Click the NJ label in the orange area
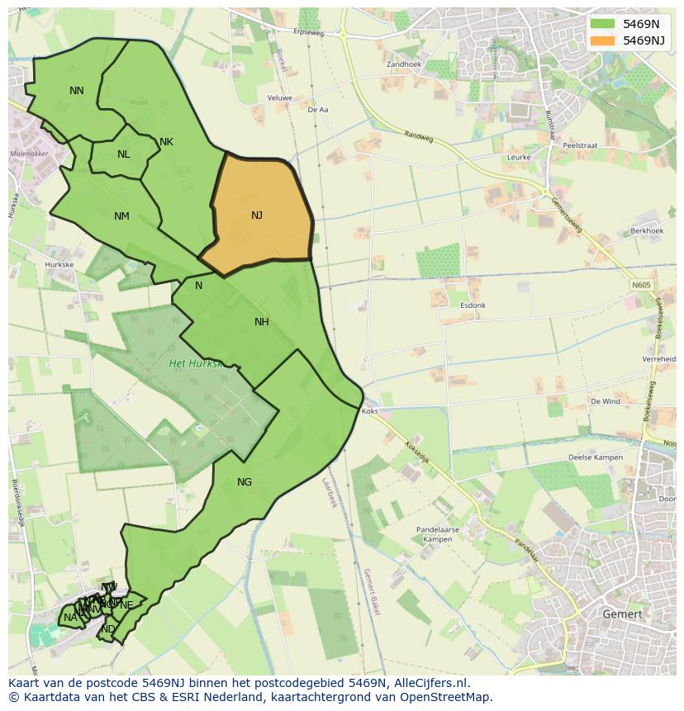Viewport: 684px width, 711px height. coord(257,216)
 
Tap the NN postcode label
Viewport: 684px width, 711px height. coord(77,91)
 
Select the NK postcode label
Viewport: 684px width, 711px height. coord(166,142)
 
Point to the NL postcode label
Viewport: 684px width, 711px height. coord(124,154)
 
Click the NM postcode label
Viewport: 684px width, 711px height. coord(121,216)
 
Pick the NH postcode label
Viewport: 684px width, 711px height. coord(262,322)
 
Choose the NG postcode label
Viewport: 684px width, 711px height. coord(245,482)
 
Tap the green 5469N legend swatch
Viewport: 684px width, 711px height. coord(603,24)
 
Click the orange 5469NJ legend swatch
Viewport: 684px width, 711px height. coord(603,40)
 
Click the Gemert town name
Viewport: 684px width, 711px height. coord(622,614)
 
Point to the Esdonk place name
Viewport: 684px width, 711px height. coord(473,306)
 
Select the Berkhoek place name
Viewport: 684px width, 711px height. coord(646,231)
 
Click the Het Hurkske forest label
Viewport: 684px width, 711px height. coord(196,363)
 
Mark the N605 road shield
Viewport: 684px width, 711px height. coord(641,286)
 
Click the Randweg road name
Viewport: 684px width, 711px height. coord(419,138)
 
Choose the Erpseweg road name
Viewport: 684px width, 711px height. coord(308,33)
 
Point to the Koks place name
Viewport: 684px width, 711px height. coord(370,410)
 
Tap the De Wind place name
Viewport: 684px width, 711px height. coord(605,401)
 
